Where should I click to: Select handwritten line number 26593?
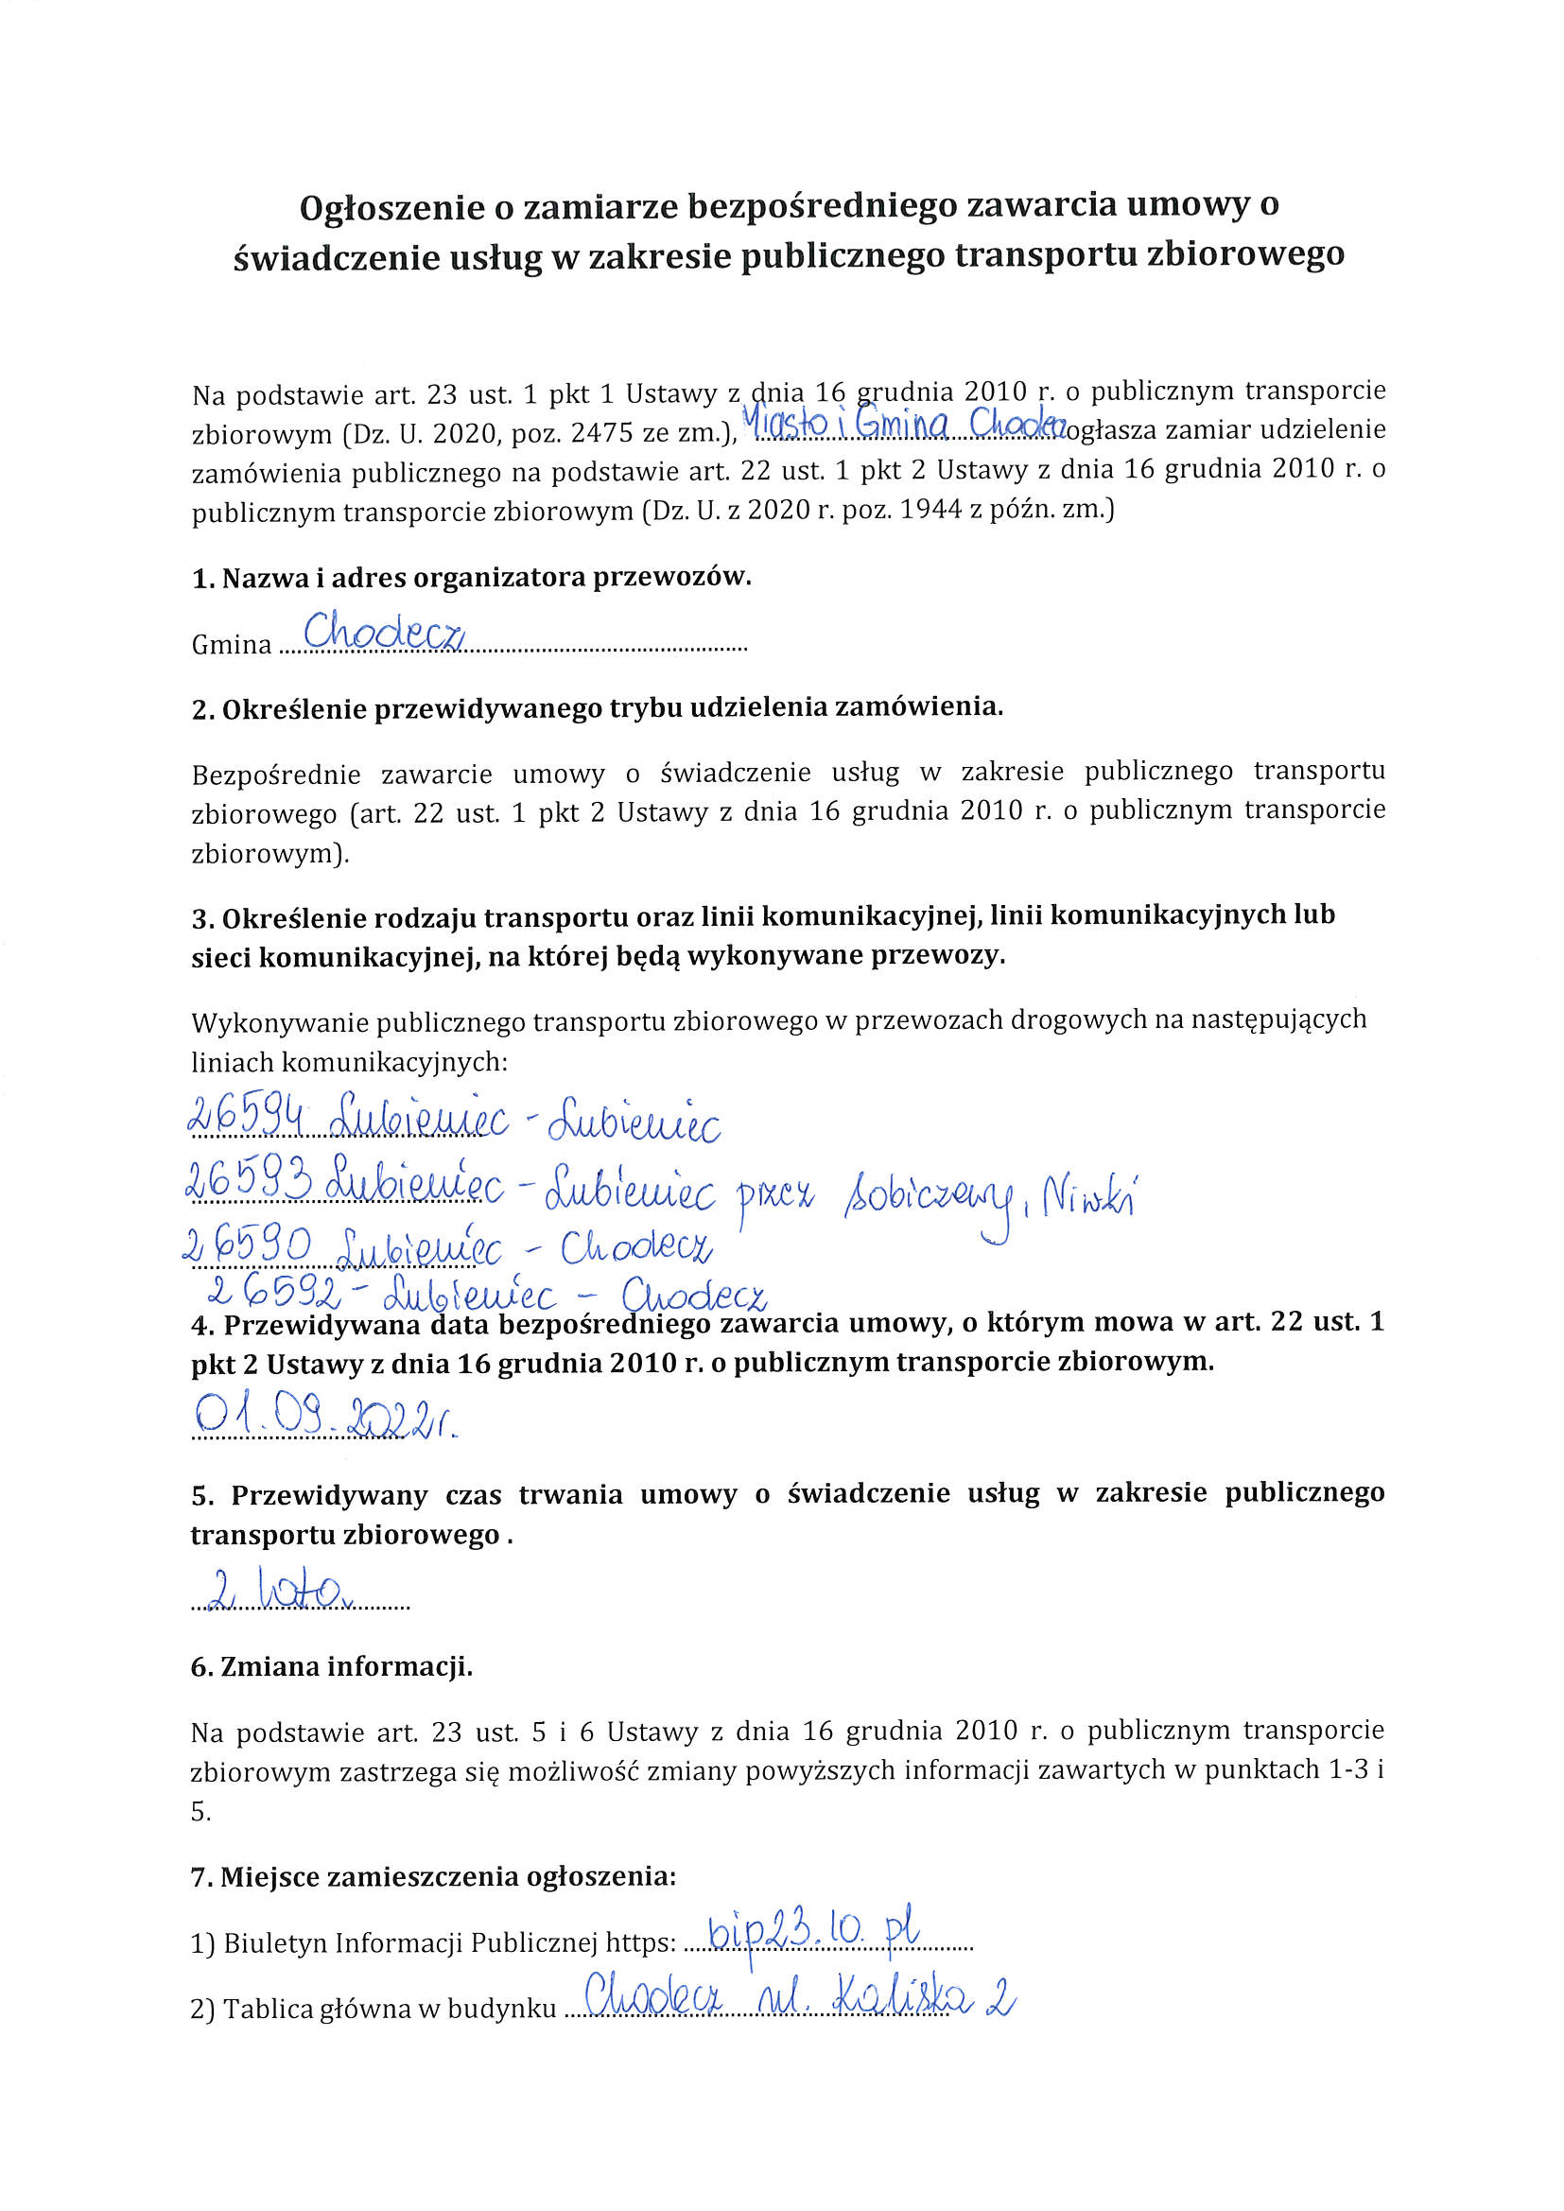(x=248, y=1182)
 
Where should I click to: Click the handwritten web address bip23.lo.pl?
(x=814, y=1929)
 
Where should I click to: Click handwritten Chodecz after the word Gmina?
(x=384, y=632)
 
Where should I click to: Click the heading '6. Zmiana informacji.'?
(x=331, y=1667)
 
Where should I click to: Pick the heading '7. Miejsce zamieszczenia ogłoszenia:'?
(x=433, y=1877)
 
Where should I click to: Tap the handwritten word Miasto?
(x=786, y=424)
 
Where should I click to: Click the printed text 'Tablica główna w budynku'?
(x=389, y=2009)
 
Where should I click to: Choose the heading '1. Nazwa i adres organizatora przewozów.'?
(x=471, y=578)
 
